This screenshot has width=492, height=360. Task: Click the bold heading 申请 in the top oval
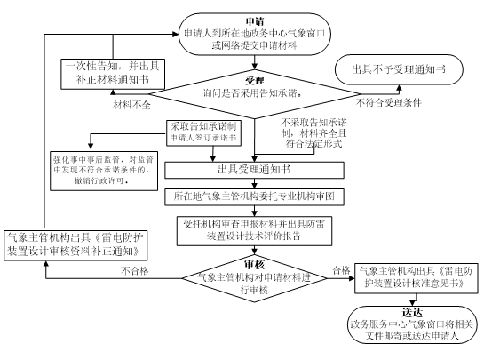point(255,21)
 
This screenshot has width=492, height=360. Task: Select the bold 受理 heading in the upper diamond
point(255,81)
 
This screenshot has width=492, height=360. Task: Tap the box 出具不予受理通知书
point(399,69)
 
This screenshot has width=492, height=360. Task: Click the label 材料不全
point(131,105)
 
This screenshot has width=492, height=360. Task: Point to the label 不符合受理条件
point(388,102)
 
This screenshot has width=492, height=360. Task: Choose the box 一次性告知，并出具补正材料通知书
point(113,74)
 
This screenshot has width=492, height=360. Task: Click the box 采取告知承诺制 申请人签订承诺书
point(203,132)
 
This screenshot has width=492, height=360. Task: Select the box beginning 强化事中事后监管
point(104,171)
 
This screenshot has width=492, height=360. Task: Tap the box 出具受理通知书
point(255,170)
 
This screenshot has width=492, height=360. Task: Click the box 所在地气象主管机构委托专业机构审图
point(255,196)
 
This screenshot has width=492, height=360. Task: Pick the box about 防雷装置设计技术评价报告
point(255,230)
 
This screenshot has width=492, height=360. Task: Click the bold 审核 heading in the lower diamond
point(255,265)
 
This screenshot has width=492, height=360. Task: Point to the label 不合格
point(135,271)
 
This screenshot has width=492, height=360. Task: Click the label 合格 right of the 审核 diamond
point(341,270)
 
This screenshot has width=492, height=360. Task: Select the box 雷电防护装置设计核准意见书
point(417,278)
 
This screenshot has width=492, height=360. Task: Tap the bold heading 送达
point(412,313)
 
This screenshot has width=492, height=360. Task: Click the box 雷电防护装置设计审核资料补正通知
point(75,245)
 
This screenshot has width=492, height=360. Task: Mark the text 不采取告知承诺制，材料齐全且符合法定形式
point(313,132)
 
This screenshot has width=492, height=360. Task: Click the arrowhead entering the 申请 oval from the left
point(176,35)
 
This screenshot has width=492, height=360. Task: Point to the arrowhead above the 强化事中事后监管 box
point(91,146)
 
